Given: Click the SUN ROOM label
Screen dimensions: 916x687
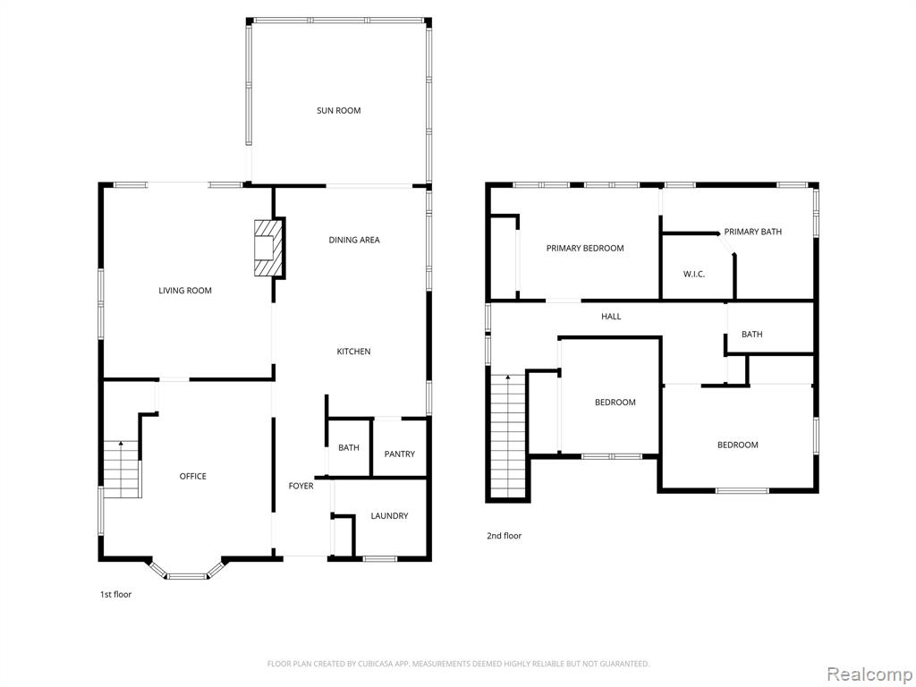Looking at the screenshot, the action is coord(338,110).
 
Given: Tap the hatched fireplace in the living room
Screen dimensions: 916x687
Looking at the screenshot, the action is coord(268,248).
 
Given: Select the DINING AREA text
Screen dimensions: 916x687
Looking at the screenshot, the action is coord(354,240).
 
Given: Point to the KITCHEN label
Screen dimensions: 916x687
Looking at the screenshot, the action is coord(353,351).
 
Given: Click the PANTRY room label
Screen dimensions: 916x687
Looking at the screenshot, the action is coord(400,454).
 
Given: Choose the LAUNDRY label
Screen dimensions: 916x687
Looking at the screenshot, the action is coord(389,516).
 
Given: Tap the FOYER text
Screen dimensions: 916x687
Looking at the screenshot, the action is coord(301,486).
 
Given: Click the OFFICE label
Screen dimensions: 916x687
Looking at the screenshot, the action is coord(193,476).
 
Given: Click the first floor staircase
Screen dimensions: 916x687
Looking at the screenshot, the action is coord(122,469).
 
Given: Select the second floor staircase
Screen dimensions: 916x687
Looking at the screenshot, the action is coord(508,435).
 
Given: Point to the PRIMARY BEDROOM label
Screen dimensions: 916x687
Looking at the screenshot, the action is coord(585,249).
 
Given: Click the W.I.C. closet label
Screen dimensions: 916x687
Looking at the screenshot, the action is coord(694,274).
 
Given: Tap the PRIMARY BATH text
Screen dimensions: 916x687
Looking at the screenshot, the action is coord(752,232).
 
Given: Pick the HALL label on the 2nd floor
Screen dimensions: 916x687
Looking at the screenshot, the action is coord(611,317).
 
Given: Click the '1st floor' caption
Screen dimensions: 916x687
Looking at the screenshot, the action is coord(115,595).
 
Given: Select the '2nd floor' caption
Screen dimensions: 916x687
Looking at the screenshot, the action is coord(505,536).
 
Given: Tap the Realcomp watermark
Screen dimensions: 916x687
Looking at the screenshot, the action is coord(868,674).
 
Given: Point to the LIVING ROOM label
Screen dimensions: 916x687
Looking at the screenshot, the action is coord(185,291).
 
